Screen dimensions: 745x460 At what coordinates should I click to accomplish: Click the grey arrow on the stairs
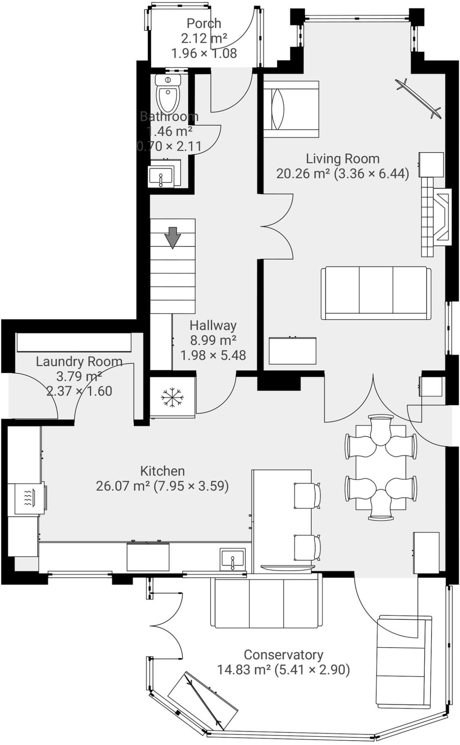pos(172,237)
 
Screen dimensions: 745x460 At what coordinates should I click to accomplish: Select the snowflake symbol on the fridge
pos(172,397)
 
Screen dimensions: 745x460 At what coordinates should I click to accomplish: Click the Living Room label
pos(342,159)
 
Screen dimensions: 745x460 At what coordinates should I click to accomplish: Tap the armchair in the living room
pos(291,109)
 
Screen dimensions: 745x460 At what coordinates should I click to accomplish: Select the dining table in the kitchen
pos(380,467)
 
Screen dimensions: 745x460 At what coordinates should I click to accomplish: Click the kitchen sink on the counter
pos(232,559)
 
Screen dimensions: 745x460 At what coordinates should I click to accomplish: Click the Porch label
pos(204,23)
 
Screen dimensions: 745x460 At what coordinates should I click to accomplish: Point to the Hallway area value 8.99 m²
pos(213,340)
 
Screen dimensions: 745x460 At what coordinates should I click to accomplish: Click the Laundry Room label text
pos(79,361)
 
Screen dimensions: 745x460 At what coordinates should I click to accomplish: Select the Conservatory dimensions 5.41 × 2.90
pos(312,669)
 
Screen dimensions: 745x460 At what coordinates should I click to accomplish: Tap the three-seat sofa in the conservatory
pos(266,602)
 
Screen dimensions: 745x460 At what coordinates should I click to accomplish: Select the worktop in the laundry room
pos(74,342)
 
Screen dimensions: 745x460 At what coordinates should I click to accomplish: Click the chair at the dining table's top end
pos(381,429)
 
